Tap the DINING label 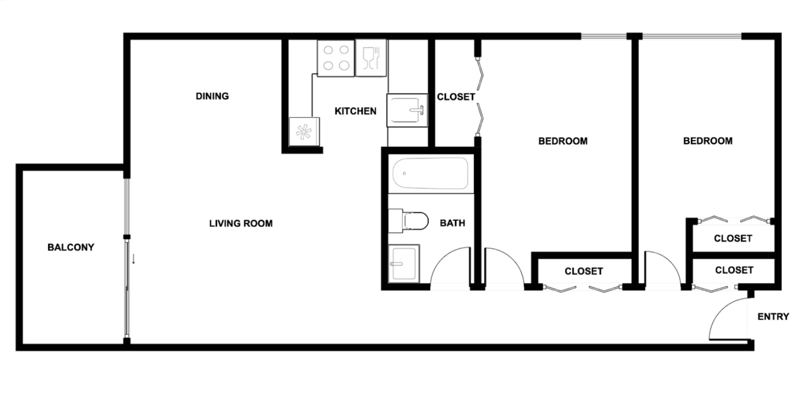pos(212,96)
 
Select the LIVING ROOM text pos(241,223)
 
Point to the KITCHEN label pos(355,111)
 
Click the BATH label pos(452,223)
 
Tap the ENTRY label pos(773,316)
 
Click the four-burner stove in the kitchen pos(336,58)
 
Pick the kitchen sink pos(407,110)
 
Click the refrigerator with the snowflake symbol pos(304,132)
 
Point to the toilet pos(409,221)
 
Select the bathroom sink pos(404,263)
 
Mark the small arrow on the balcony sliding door pos(133,259)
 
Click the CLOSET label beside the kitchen pos(456,97)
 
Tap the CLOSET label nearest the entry pos(734,270)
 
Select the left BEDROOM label pos(563,141)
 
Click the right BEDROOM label pos(708,141)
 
